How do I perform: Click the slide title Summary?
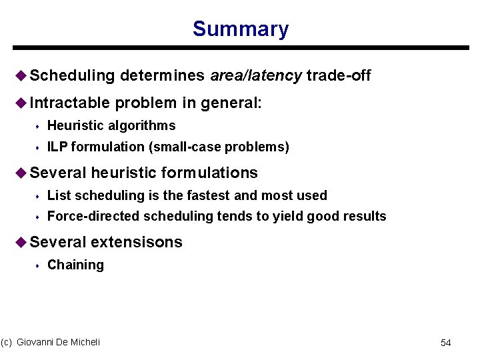[x=240, y=29]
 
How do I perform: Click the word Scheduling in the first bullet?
[x=72, y=76]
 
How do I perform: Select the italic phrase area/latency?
[x=256, y=76]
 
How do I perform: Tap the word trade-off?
[x=339, y=76]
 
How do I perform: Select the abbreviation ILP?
[x=58, y=147]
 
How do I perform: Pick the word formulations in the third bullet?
[x=213, y=173]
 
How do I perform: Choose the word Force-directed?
[x=93, y=216]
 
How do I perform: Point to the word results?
[x=365, y=216]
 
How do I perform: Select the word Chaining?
[x=75, y=265]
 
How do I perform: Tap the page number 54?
[x=446, y=343]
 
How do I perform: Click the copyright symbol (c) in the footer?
[x=7, y=342]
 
